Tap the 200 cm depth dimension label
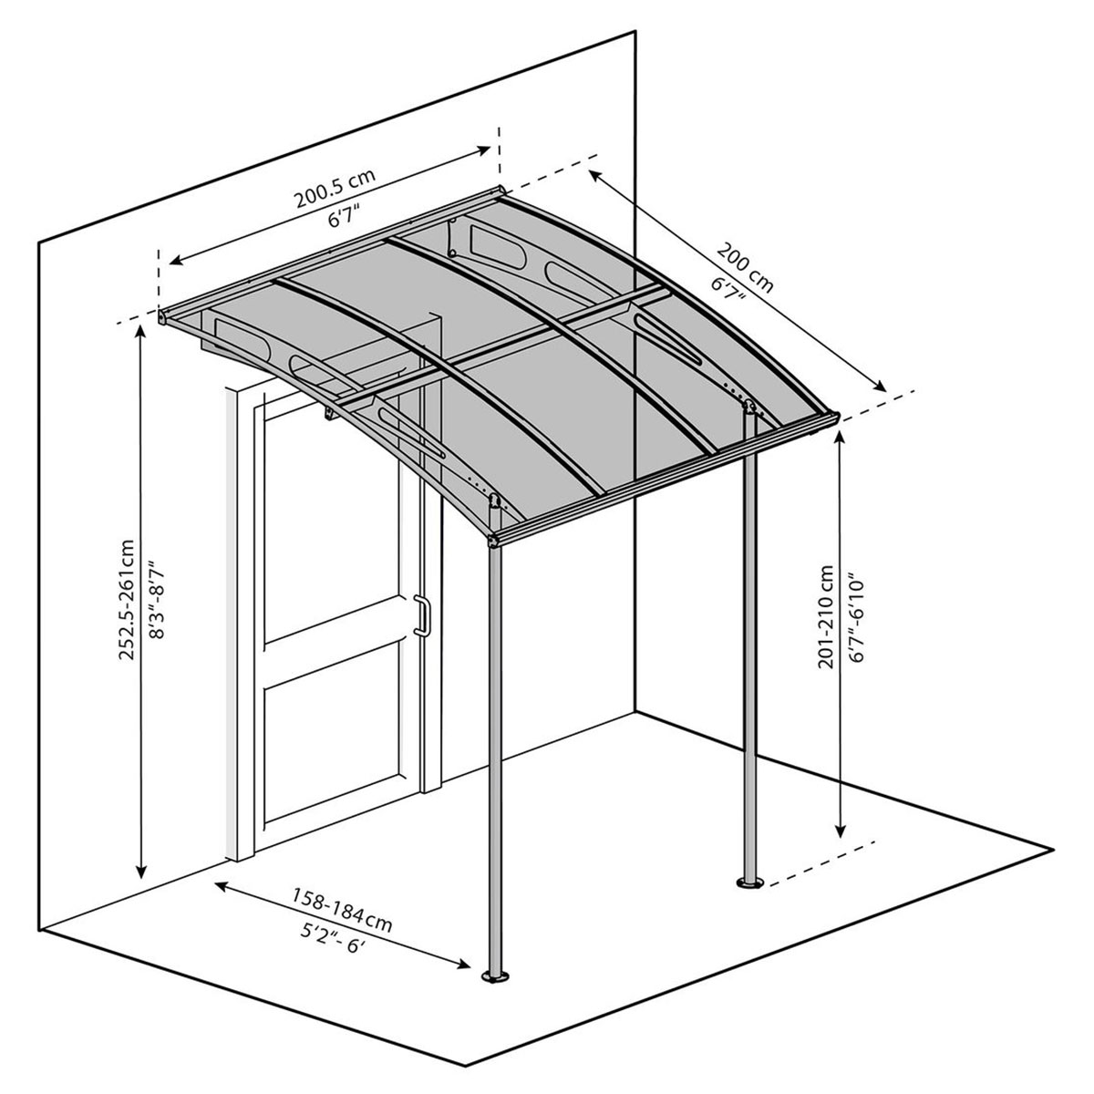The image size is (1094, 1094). click(x=745, y=265)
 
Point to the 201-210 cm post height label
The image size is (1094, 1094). click(x=826, y=616)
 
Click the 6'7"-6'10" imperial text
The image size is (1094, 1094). click(x=853, y=620)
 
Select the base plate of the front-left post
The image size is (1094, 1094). click(x=497, y=979)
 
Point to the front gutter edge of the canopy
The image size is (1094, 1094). click(x=666, y=479)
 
